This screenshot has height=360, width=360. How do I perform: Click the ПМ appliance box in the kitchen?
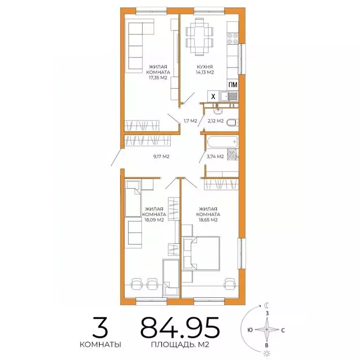[x=232, y=85]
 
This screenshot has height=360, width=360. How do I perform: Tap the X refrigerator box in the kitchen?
[x=213, y=97]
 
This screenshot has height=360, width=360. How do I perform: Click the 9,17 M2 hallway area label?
[x=161, y=157]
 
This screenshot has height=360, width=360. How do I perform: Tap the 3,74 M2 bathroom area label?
[x=214, y=157]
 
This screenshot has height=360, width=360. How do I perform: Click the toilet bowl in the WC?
[x=232, y=122]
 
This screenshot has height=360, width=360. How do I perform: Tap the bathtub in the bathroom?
[x=220, y=141]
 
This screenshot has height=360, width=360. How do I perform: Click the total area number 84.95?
[x=180, y=328]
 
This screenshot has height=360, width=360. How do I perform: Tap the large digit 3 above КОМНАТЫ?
[x=99, y=327]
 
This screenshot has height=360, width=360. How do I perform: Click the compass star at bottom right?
[x=267, y=330]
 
